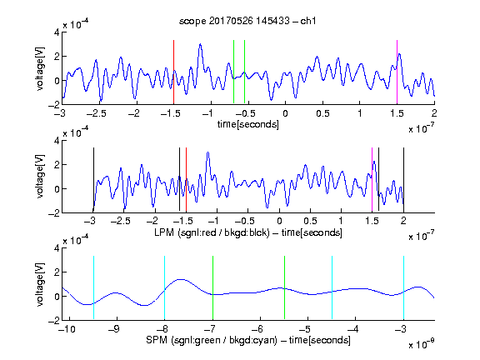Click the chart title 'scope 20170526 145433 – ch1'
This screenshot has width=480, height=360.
point(247,21)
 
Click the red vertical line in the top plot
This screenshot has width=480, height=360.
point(173,72)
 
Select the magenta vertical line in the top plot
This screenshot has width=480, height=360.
point(397,72)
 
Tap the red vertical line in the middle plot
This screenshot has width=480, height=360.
point(186,180)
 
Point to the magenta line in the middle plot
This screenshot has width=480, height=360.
point(372,180)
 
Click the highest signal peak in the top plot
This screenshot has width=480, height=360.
point(201,44)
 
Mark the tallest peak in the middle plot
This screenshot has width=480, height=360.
point(207,152)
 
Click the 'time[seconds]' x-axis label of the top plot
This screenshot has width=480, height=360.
point(248,124)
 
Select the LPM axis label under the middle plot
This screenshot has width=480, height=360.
point(248,232)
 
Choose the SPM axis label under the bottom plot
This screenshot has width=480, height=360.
point(248,340)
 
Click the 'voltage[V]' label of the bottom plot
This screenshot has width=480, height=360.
point(40,284)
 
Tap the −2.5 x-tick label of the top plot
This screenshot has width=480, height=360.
point(96,113)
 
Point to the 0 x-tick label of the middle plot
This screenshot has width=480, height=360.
point(279,221)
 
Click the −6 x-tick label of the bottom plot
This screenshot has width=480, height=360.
point(259,329)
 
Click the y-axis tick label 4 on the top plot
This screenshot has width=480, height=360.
point(57,32)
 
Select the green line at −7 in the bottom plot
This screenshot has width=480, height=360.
point(212,287)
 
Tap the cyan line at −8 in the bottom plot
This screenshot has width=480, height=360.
point(165,287)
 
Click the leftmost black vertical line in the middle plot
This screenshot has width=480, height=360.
point(93,180)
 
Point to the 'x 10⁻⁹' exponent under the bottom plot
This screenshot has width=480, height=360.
point(422,344)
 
